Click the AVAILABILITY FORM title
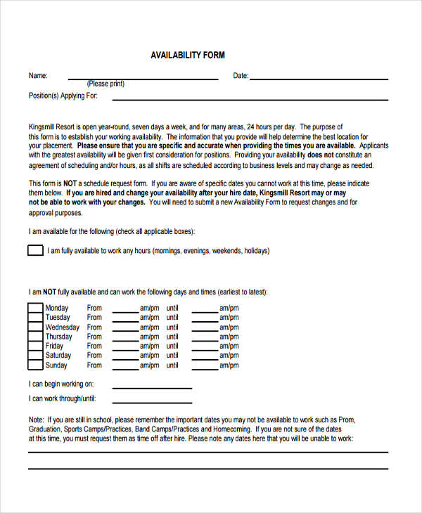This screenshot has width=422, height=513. point(188,55)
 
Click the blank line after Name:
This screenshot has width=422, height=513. point(142,77)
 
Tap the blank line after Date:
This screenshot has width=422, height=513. point(319,77)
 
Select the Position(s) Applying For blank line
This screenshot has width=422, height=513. point(259,98)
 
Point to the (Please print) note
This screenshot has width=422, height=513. point(106,84)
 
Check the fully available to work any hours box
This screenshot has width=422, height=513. point(35,250)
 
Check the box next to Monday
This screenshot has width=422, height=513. point(35,308)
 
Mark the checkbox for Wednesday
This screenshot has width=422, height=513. point(35,327)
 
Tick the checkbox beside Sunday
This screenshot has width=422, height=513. point(35,365)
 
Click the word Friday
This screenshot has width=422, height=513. point(54,346)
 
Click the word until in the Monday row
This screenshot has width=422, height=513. point(172,308)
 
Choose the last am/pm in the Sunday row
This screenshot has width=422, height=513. point(229,365)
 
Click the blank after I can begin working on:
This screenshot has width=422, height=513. point(152,387)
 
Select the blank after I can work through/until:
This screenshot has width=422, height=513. point(152,401)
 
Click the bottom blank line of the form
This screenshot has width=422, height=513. point(207,468)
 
